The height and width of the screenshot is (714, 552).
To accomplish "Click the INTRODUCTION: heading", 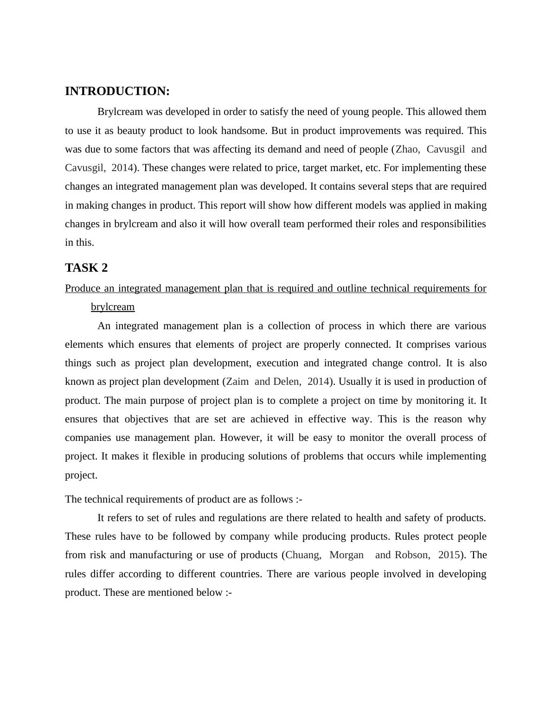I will [117, 91].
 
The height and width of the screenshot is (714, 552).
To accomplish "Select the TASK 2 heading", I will [86, 268].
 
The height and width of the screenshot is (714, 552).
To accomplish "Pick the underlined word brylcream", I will [113, 307].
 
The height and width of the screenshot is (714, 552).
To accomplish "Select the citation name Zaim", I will [237, 382].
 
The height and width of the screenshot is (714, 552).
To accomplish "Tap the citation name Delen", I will [286, 382].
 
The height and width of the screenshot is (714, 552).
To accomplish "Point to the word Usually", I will [355, 382].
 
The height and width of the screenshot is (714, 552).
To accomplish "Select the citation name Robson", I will [411, 555].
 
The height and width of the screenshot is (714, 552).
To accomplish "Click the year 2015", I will [449, 555].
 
